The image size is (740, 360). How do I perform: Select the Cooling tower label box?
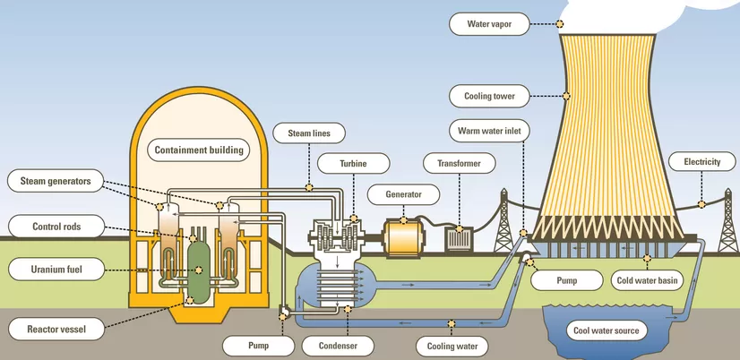(502, 95)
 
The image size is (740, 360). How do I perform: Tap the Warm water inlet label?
(489, 131)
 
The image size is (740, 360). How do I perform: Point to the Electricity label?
(701, 162)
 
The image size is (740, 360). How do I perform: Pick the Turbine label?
(342, 164)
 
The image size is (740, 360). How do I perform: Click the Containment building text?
(199, 150)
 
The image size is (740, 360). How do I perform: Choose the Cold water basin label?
(650, 280)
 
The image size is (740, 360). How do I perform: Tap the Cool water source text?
(607, 330)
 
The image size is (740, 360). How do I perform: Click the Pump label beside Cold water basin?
(566, 280)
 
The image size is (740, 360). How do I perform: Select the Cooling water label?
(452, 345)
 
